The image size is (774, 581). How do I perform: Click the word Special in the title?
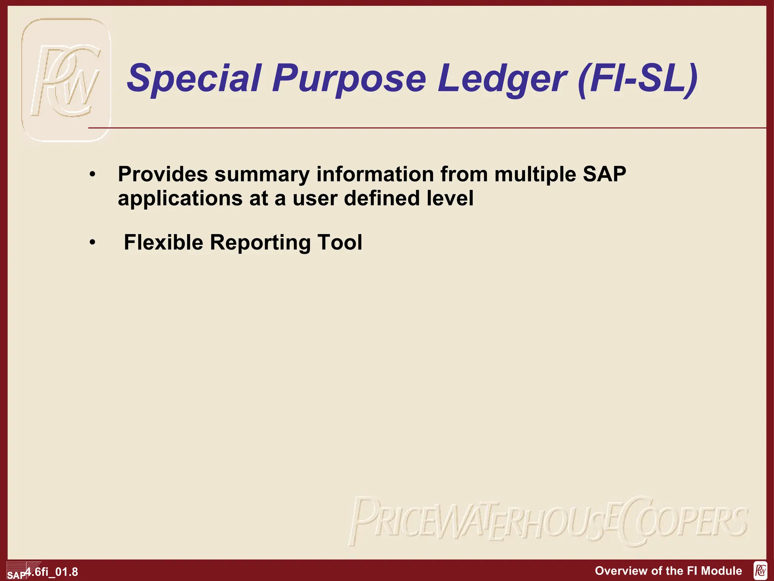click(194, 78)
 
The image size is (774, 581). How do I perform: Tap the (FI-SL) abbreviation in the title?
click(638, 78)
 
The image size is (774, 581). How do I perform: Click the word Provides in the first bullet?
click(163, 175)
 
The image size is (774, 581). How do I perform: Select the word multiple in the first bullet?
click(535, 175)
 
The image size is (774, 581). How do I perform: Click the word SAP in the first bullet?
click(604, 174)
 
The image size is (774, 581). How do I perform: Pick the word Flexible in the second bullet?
click(163, 242)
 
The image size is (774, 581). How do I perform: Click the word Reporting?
click(260, 243)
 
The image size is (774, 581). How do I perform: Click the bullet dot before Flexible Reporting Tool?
click(93, 242)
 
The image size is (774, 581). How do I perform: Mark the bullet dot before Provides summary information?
click(93, 175)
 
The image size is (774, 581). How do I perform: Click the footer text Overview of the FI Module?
click(668, 571)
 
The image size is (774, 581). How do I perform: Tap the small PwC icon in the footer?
click(760, 571)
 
